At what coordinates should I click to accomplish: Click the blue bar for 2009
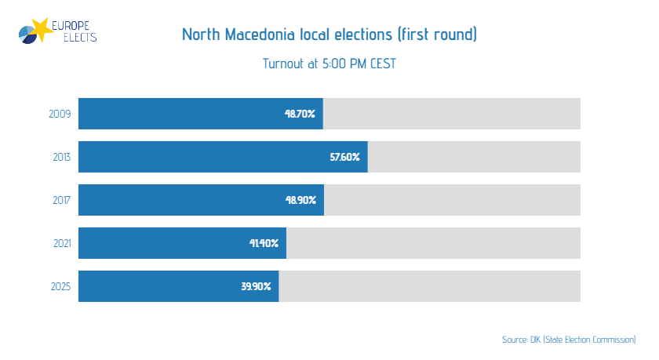point(180,114)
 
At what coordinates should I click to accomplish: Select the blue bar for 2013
point(204,157)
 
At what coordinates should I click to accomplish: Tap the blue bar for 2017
point(180,200)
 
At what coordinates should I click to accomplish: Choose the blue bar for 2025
point(157,286)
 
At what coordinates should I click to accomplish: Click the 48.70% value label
point(300,114)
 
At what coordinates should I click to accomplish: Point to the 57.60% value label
point(344,157)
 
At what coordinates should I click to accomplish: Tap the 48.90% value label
point(300,200)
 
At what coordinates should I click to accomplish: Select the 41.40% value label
point(264,243)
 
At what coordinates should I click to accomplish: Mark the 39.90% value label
point(256,286)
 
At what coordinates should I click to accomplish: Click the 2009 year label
point(60,114)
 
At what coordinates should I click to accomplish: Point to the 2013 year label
point(61,157)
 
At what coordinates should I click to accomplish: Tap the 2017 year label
point(61,200)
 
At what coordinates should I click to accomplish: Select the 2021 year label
point(60,243)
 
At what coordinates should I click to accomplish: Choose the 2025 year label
point(60,286)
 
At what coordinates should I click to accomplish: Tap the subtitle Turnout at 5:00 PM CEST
point(329,64)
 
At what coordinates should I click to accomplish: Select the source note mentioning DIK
point(569,340)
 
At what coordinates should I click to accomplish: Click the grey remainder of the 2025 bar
point(430,286)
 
